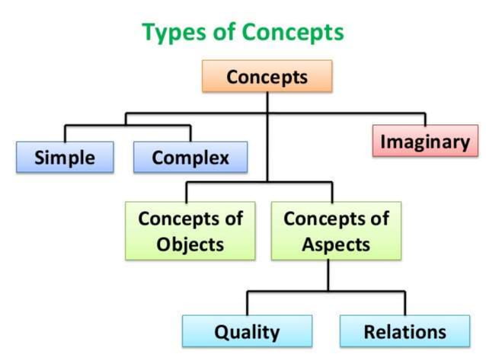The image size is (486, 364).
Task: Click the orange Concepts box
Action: click(267, 76)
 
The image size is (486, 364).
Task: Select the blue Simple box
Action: click(65, 157)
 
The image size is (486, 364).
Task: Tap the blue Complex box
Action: click(190, 157)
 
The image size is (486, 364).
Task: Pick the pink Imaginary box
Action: click(425, 141)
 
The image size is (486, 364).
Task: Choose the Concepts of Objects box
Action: click(190, 231)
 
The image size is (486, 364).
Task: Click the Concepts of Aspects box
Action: click(336, 231)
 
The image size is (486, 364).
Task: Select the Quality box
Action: click(247, 330)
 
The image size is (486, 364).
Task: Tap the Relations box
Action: click(404, 330)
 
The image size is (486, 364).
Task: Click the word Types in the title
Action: click(174, 32)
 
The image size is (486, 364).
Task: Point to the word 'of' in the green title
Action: click(225, 31)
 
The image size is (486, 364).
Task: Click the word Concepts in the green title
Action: click(293, 32)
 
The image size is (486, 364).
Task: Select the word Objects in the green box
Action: click(190, 244)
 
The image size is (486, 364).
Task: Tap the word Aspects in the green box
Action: click(336, 244)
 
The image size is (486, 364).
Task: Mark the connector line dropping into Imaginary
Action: click(425, 120)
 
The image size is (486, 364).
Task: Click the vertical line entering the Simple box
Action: click(65, 134)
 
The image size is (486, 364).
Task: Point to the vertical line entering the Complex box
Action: click(190, 134)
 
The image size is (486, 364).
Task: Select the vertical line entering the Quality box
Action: click(247, 303)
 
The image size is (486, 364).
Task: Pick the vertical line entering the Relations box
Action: click(404, 303)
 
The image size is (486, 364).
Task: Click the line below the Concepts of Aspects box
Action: click(328, 276)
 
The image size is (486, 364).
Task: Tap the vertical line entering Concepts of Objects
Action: click(187, 193)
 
